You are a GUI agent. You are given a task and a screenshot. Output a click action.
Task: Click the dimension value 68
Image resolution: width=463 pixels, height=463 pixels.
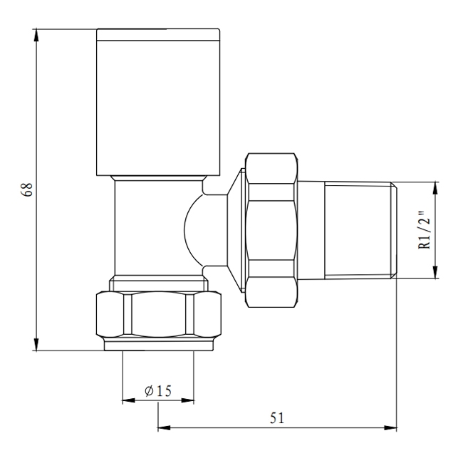27,190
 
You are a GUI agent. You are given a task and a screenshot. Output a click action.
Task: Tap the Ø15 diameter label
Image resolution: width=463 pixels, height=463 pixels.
158,391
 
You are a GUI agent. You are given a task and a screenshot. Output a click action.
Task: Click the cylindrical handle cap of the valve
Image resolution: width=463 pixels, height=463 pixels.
158,101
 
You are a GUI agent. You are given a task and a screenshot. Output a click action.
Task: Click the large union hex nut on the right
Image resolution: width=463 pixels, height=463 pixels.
271,229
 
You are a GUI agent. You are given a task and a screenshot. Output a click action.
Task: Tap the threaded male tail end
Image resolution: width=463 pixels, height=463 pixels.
360,229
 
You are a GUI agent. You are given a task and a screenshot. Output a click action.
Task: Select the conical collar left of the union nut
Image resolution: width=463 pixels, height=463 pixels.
234,229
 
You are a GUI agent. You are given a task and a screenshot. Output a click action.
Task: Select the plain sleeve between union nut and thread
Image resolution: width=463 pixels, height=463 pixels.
311,229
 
